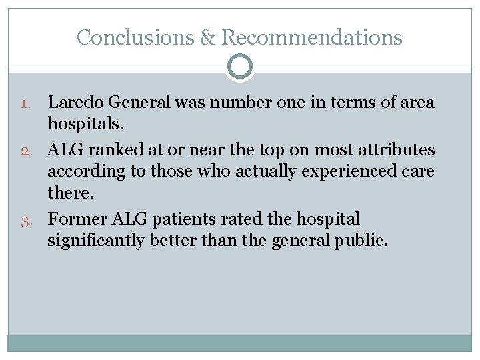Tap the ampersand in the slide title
(x=207, y=38)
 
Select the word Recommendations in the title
(x=311, y=37)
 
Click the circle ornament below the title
(x=240, y=67)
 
